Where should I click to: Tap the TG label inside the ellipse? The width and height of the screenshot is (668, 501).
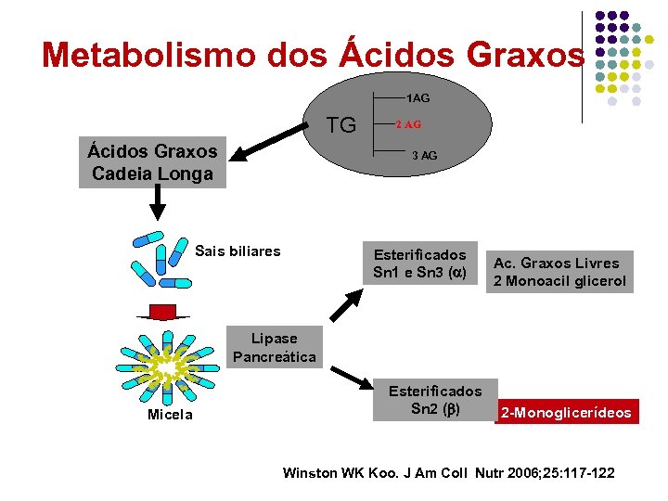click(341, 125)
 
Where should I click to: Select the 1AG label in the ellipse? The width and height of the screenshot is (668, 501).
click(417, 97)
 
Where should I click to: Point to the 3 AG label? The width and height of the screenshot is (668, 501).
click(424, 156)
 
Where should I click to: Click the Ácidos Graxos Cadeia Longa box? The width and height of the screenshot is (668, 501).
click(152, 162)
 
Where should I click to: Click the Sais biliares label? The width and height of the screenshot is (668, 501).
click(238, 250)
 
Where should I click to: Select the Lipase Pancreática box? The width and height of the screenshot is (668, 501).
click(274, 348)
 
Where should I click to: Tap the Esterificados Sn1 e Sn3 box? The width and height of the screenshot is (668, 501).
click(419, 263)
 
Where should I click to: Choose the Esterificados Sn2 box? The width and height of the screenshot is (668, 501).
click(434, 400)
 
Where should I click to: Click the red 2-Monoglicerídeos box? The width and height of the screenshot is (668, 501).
click(567, 412)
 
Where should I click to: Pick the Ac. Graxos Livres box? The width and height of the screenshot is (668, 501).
click(559, 272)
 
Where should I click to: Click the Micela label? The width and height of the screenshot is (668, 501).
click(170, 415)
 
